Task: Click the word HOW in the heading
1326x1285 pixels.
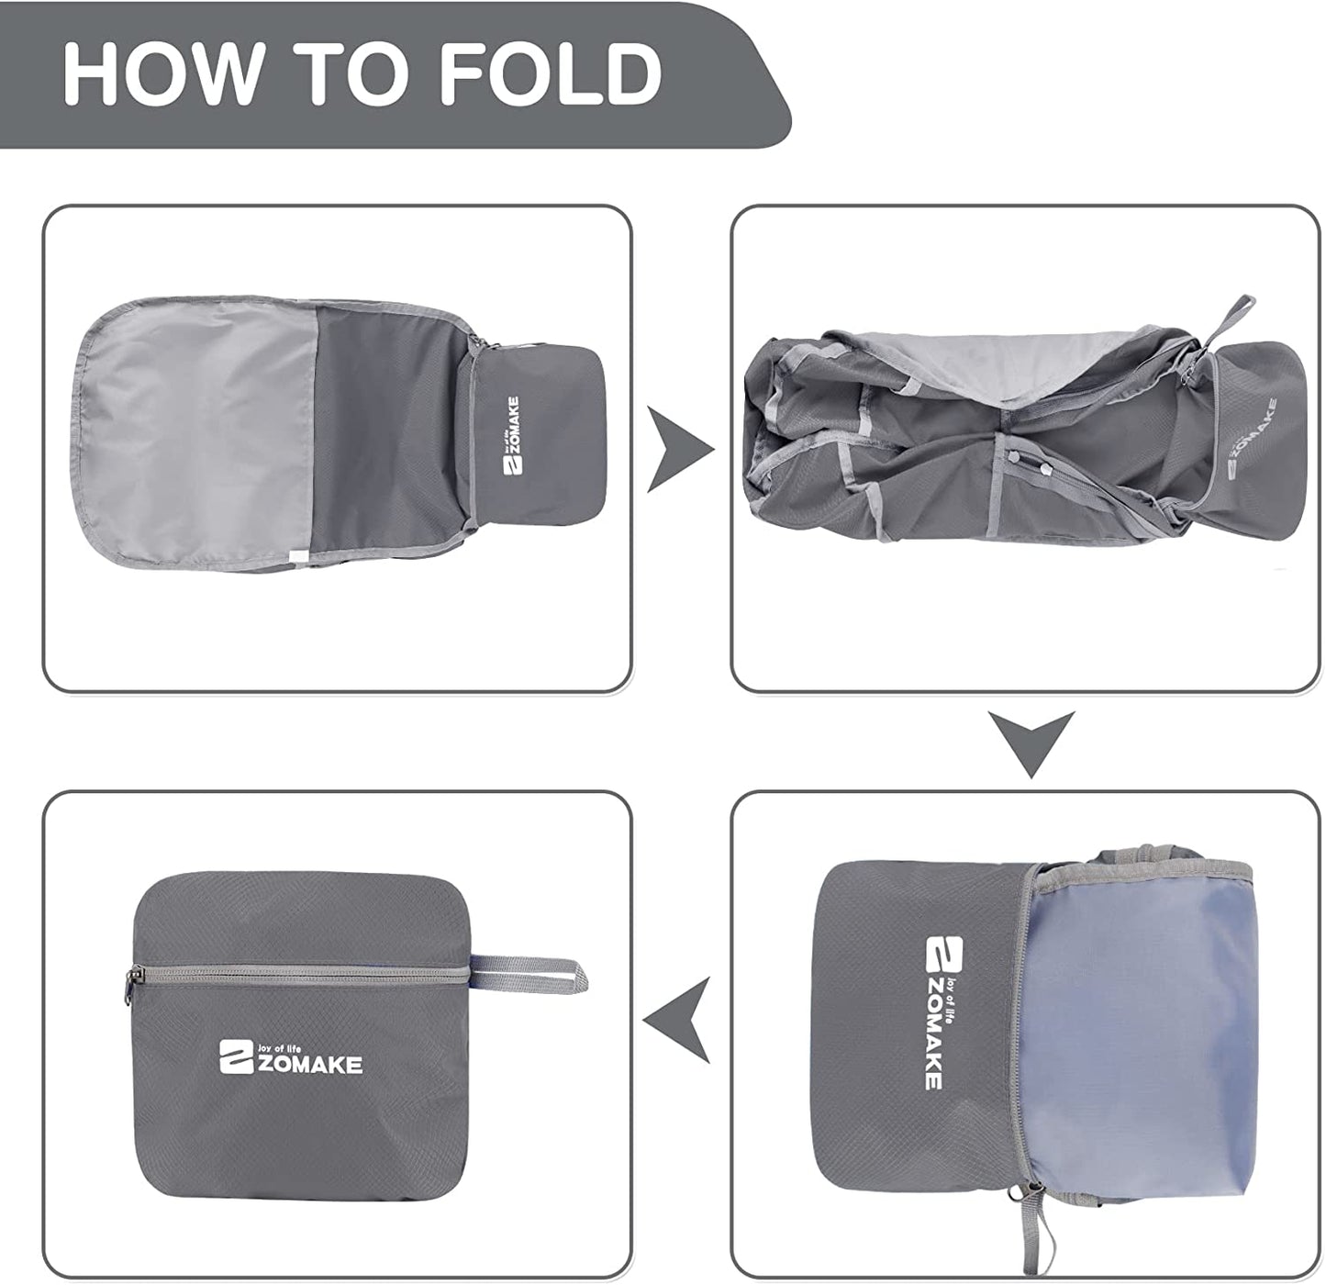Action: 162,73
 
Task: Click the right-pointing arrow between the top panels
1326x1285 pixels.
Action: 679,449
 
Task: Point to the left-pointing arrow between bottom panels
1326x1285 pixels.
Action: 677,1019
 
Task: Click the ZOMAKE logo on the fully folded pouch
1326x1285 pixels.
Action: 291,1057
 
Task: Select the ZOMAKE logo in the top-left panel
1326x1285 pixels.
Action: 512,436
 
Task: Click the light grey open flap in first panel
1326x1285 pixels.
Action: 197,430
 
